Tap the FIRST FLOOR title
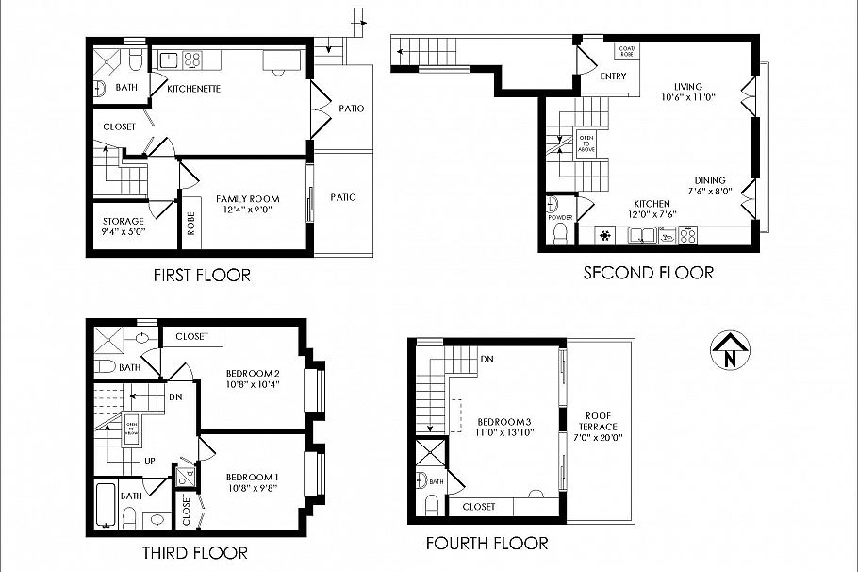[x=202, y=276]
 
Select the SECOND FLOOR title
[x=648, y=273]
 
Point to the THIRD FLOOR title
[x=194, y=552]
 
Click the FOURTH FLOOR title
[x=487, y=544]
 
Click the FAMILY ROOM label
[x=248, y=204]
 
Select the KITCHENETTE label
[x=193, y=89]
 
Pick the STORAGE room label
[x=124, y=227]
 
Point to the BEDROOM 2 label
[x=252, y=379]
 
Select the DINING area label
[x=710, y=186]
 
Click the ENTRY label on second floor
[x=613, y=76]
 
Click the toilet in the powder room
[x=562, y=233]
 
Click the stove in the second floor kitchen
[x=685, y=237]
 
